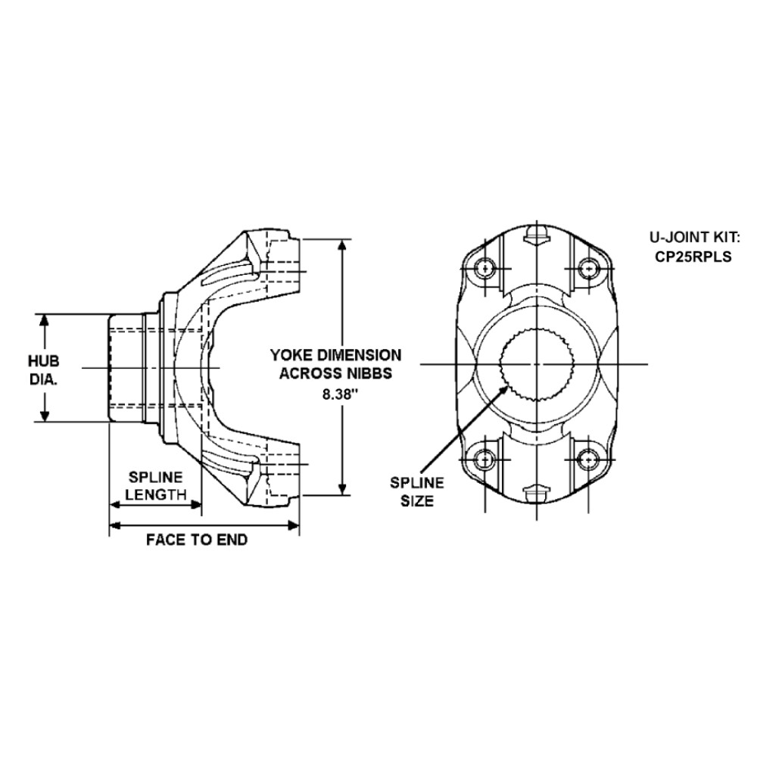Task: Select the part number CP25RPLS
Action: tap(693, 256)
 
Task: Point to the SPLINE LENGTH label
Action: tap(155, 486)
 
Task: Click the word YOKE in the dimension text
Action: tap(294, 354)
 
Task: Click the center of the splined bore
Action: tap(535, 364)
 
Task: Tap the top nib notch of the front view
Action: tap(535, 234)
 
